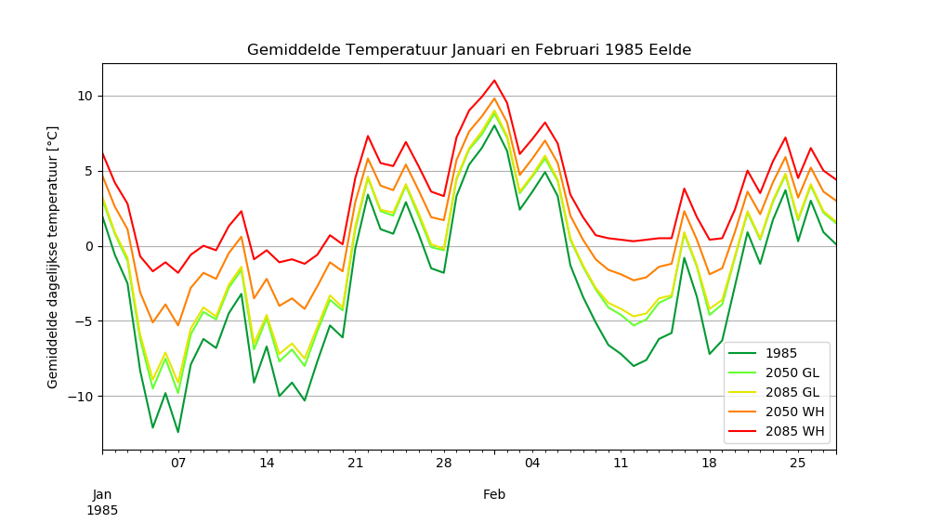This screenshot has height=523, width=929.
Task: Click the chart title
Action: [469, 50]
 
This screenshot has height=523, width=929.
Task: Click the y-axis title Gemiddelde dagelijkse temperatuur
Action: [53, 256]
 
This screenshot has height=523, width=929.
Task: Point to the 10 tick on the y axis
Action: [85, 96]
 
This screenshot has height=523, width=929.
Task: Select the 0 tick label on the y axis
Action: [88, 246]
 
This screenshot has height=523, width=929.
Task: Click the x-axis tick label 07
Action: [178, 463]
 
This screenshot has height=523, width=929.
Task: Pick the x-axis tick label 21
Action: [355, 463]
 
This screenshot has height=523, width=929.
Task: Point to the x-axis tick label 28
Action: [443, 463]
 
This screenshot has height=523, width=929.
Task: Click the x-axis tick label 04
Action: [532, 463]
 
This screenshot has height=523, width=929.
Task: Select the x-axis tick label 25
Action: [798, 463]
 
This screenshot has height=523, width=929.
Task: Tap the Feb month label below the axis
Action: [494, 495]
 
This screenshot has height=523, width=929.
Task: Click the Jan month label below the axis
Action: [102, 495]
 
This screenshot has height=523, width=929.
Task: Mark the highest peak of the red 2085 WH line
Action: [494, 80]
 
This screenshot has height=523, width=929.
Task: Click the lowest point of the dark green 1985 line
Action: [178, 432]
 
